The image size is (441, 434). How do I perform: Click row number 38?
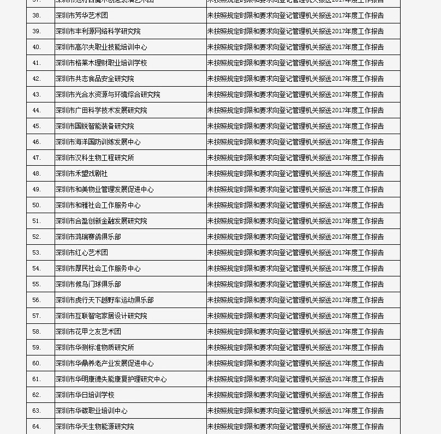pos(37,15)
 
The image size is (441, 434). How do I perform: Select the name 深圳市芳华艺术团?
pos(81,15)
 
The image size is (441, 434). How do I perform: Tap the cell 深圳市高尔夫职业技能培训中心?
pos(101,47)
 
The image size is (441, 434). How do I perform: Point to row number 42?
pos(37,79)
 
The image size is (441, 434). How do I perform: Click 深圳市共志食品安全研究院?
pos(94,79)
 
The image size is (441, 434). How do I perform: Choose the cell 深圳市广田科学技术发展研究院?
pos(101,110)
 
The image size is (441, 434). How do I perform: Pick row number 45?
pos(37,126)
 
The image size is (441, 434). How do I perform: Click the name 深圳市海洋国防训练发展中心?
pos(98,142)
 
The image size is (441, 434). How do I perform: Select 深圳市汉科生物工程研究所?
pos(94,158)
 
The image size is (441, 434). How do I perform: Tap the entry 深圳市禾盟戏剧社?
pos(81,173)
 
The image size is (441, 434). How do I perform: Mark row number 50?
pos(37,205)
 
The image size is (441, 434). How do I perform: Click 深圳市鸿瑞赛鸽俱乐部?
pos(88,237)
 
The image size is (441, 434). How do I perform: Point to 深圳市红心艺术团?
pos(81,252)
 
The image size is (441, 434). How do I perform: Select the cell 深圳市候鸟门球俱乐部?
pos(88,284)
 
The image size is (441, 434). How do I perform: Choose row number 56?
pos(37,300)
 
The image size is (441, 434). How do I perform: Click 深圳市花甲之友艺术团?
pos(88,331)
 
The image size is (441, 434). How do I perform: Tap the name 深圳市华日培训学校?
pos(85,395)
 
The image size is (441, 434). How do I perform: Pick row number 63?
pos(37,411)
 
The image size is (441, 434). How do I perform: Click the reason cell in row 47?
pos(295,158)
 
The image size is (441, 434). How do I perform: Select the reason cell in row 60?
pos(295,363)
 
